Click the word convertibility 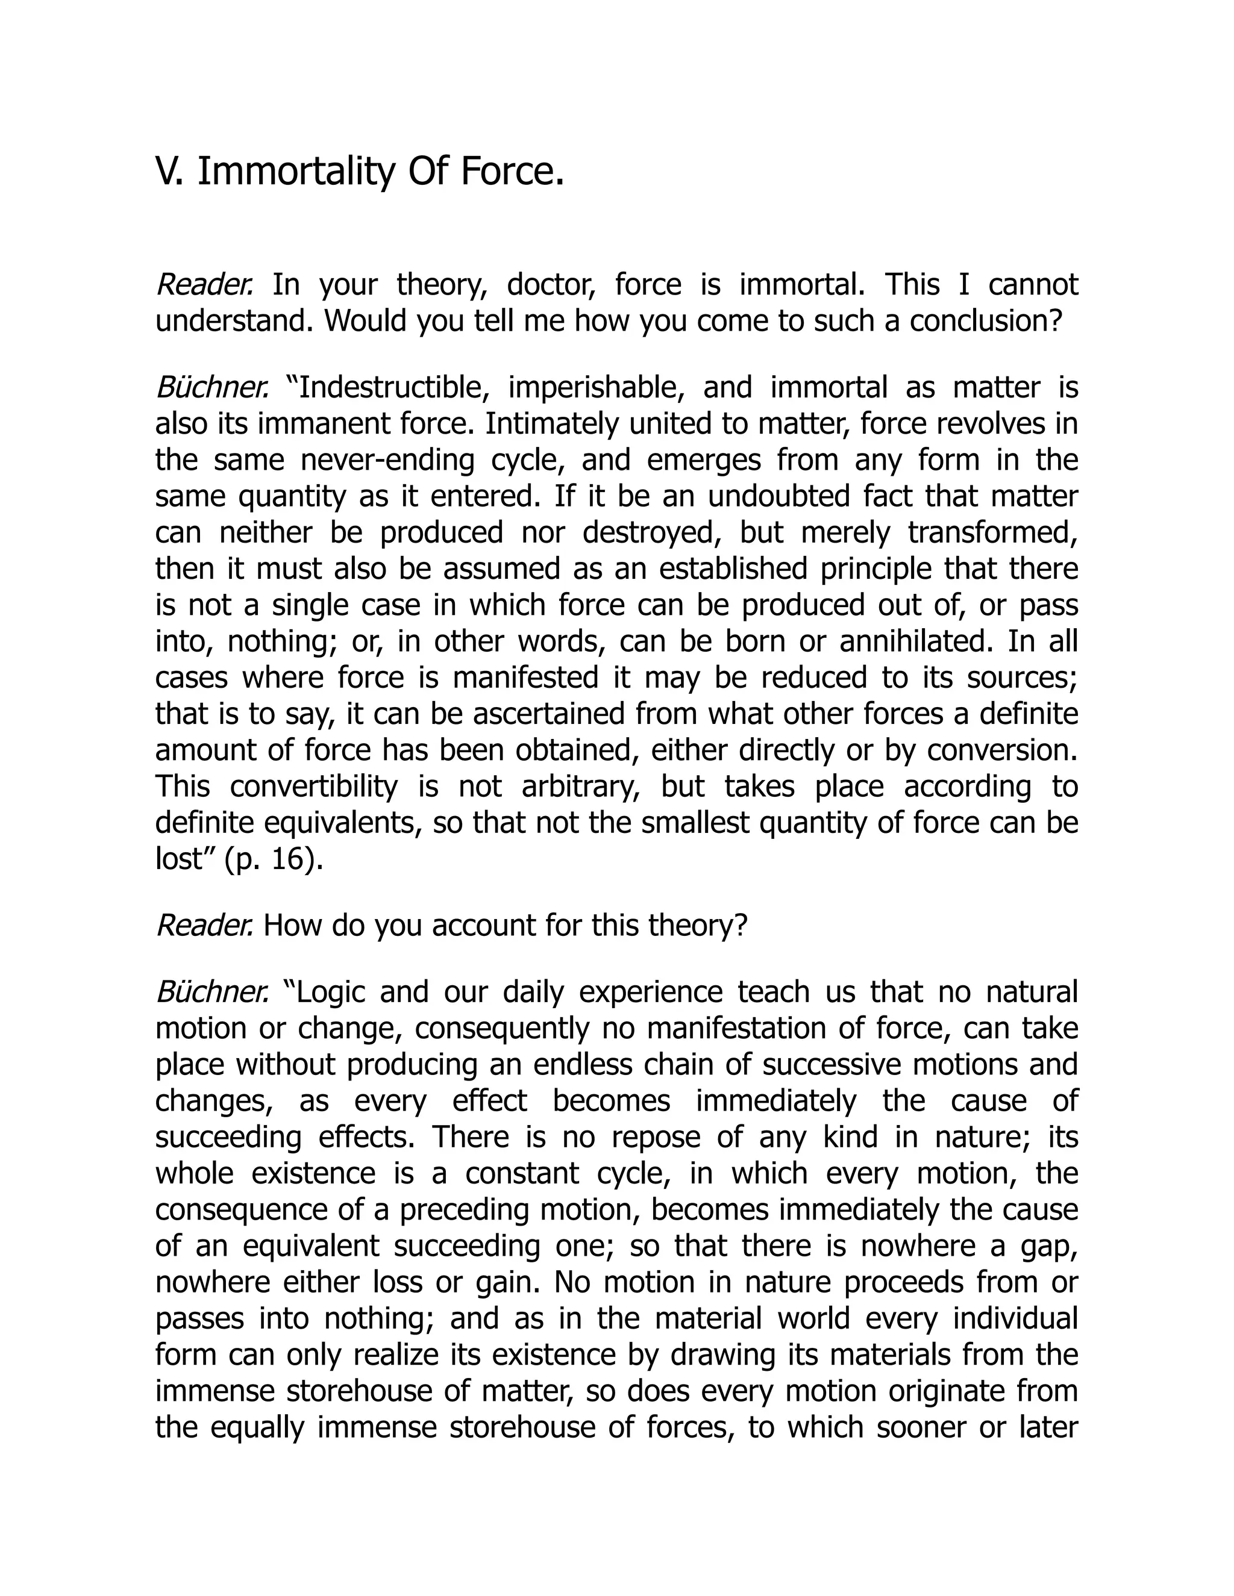[x=315, y=787]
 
